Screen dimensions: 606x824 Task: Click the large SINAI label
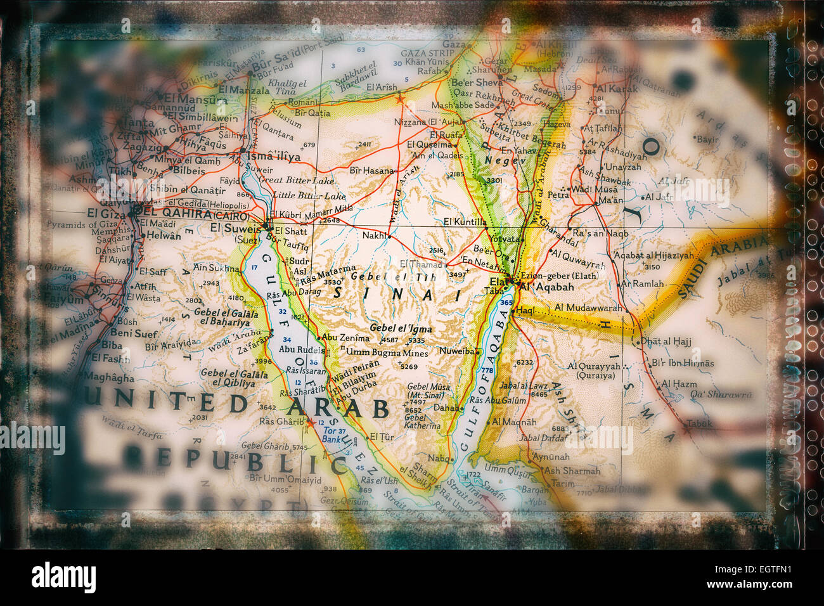click(x=397, y=294)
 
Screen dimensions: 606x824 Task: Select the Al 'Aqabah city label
click(x=546, y=287)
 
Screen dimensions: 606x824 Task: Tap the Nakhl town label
click(x=375, y=235)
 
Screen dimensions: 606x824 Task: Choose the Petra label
click(x=558, y=195)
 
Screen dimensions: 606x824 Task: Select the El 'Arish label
click(x=382, y=87)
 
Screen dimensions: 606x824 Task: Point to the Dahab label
click(x=448, y=408)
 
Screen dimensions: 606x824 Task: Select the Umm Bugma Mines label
click(x=379, y=352)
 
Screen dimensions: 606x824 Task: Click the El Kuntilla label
click(x=465, y=222)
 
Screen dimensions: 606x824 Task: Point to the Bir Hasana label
click(x=371, y=170)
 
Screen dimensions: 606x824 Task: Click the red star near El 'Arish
click(x=399, y=98)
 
